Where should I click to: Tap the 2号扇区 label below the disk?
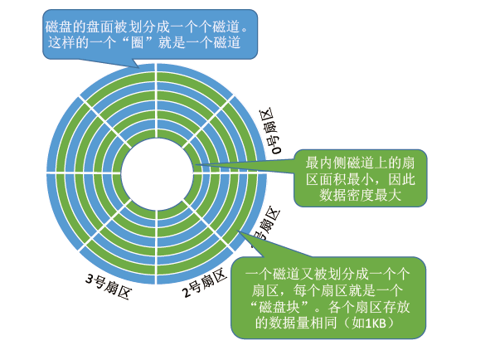pyautogui.click(x=203, y=284)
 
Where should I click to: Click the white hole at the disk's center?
pyautogui.click(x=157, y=173)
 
